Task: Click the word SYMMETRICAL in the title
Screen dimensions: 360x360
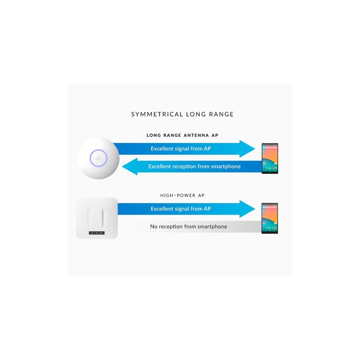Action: click(x=157, y=114)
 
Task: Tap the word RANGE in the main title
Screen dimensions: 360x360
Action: click(x=221, y=114)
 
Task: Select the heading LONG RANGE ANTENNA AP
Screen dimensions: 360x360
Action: click(x=182, y=135)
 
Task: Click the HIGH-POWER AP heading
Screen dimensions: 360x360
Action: click(x=182, y=195)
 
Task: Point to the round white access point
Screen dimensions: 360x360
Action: click(x=98, y=158)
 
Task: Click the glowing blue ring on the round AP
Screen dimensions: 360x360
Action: click(x=98, y=150)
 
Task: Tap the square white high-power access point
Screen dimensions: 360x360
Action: click(x=97, y=218)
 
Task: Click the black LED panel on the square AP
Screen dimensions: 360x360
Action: click(x=97, y=233)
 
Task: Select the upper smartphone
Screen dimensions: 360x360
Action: click(x=270, y=158)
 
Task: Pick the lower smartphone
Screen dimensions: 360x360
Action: click(x=270, y=218)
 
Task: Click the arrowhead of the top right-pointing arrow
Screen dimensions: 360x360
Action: click(x=247, y=149)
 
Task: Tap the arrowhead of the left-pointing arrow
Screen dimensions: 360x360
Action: click(x=130, y=166)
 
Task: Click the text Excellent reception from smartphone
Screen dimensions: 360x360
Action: click(x=194, y=166)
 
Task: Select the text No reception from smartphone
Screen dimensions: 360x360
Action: click(x=189, y=227)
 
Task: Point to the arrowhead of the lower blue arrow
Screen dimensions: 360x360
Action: click(x=247, y=209)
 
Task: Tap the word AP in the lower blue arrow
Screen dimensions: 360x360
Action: click(x=207, y=209)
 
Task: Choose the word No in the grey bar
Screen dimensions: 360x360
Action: click(x=153, y=227)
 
